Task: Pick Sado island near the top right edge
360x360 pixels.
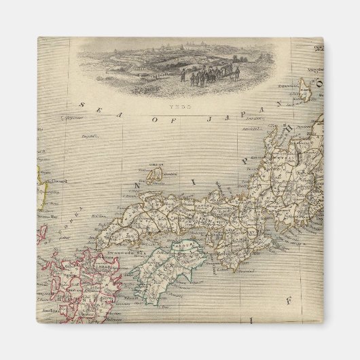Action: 304,90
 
